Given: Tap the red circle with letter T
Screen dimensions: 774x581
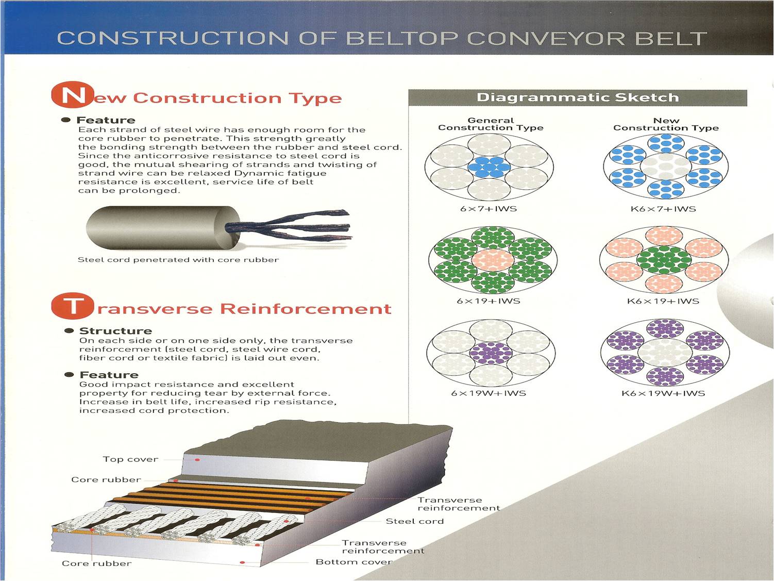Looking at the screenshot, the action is pyautogui.click(x=73, y=306).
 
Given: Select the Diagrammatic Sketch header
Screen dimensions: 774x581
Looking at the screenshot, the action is pyautogui.click(x=578, y=98).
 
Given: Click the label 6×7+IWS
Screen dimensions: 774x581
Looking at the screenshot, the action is pyautogui.click(x=489, y=209).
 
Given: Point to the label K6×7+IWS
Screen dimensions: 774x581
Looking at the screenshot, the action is pyautogui.click(x=663, y=209).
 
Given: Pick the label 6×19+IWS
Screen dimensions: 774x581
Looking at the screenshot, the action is pyautogui.click(x=489, y=301).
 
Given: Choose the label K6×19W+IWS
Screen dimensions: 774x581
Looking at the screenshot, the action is pyautogui.click(x=663, y=393).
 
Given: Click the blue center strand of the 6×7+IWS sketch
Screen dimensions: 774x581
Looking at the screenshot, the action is pyautogui.click(x=489, y=167).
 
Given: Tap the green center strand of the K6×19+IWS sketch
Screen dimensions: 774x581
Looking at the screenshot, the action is pyautogui.click(x=664, y=260).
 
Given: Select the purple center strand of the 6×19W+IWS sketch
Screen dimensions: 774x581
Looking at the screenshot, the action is pyautogui.click(x=491, y=353).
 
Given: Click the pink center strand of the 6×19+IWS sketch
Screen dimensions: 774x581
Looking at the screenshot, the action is pyautogui.click(x=493, y=260).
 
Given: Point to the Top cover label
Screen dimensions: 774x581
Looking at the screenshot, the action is pyautogui.click(x=130, y=459).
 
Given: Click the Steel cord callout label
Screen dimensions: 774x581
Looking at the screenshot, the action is pyautogui.click(x=415, y=521).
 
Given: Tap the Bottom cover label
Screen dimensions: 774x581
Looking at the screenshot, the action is pyautogui.click(x=354, y=562).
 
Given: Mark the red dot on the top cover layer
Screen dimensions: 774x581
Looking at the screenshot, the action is pyautogui.click(x=197, y=460).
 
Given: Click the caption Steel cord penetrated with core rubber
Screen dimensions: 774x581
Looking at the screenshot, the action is pyautogui.click(x=178, y=260).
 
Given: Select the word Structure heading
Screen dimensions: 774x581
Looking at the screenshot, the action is pyautogui.click(x=115, y=331).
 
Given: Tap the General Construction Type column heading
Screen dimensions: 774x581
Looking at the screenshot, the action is pyautogui.click(x=491, y=124).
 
